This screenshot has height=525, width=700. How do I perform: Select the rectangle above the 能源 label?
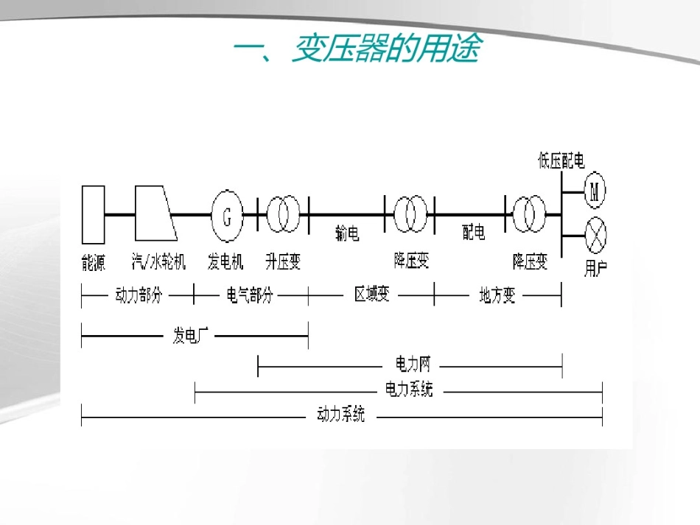[93, 214]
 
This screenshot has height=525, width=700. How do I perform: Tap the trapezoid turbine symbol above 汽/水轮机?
[155, 214]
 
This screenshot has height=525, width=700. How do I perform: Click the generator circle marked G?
[227, 215]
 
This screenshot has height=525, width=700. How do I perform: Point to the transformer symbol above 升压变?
[283, 214]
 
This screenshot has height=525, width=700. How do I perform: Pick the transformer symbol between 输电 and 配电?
[410, 214]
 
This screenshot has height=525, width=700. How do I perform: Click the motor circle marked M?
[595, 192]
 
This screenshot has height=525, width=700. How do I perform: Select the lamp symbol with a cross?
[595, 236]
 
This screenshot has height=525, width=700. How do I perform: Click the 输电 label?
[347, 234]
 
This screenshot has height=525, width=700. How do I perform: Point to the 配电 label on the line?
[474, 233]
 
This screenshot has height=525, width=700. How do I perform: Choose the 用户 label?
[595, 267]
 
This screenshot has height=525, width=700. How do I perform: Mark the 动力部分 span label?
[139, 295]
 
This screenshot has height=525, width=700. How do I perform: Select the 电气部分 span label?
[249, 295]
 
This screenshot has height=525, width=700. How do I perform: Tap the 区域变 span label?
[372, 295]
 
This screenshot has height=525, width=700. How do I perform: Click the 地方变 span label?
[497, 295]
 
